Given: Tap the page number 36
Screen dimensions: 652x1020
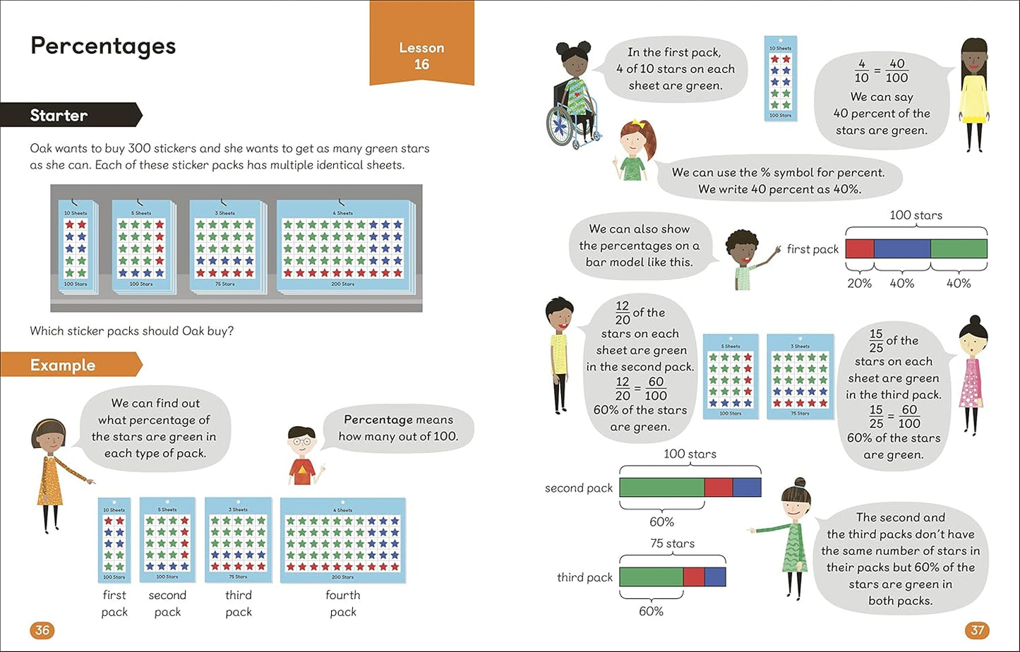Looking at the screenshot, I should pyautogui.click(x=42, y=629).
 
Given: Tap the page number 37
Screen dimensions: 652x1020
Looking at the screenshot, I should pyautogui.click(x=978, y=629).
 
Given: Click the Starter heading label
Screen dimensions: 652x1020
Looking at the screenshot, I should pyautogui.click(x=59, y=115).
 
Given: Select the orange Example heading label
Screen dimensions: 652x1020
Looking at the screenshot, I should pyautogui.click(x=63, y=365).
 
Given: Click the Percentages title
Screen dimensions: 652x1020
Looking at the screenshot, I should pyautogui.click(x=103, y=46).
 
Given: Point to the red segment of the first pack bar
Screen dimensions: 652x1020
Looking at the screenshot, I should pyautogui.click(x=859, y=249).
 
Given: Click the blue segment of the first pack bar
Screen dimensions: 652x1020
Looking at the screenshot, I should pyautogui.click(x=902, y=249).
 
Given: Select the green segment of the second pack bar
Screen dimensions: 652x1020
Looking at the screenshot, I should pyautogui.click(x=661, y=488).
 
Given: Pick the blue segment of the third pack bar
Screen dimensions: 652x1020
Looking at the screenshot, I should pyautogui.click(x=715, y=576).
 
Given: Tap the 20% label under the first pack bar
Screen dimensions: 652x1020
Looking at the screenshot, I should pyautogui.click(x=859, y=283).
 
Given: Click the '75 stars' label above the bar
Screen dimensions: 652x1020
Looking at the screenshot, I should pyautogui.click(x=672, y=543).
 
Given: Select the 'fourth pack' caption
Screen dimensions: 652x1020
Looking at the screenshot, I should pyautogui.click(x=343, y=603).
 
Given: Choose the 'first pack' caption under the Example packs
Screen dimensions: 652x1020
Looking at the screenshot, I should pyautogui.click(x=114, y=603).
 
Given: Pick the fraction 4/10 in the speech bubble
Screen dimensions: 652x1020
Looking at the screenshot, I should pyautogui.click(x=861, y=70).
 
